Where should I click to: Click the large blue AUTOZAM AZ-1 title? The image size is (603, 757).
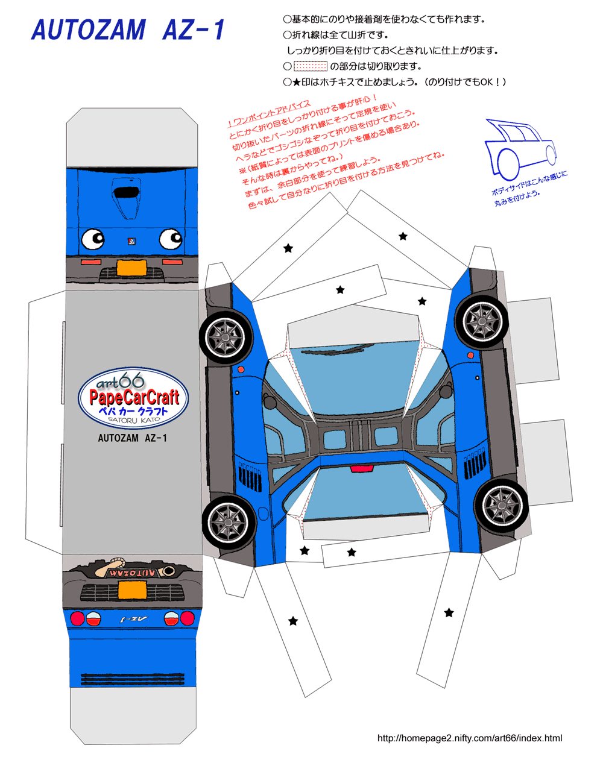[128, 30]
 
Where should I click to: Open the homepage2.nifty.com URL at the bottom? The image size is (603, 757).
[469, 738]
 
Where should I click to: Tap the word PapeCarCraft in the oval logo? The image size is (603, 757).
[134, 397]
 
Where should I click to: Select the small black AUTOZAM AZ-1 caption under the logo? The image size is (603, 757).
[132, 438]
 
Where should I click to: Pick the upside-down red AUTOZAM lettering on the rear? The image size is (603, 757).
[133, 572]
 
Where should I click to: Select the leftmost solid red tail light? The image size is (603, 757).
[77, 618]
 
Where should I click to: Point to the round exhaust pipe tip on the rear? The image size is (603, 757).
[169, 570]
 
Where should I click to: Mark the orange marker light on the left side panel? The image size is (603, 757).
[241, 369]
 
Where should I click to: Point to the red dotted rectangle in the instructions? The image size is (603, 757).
[310, 66]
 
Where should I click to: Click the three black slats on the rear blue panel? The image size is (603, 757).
[133, 679]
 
